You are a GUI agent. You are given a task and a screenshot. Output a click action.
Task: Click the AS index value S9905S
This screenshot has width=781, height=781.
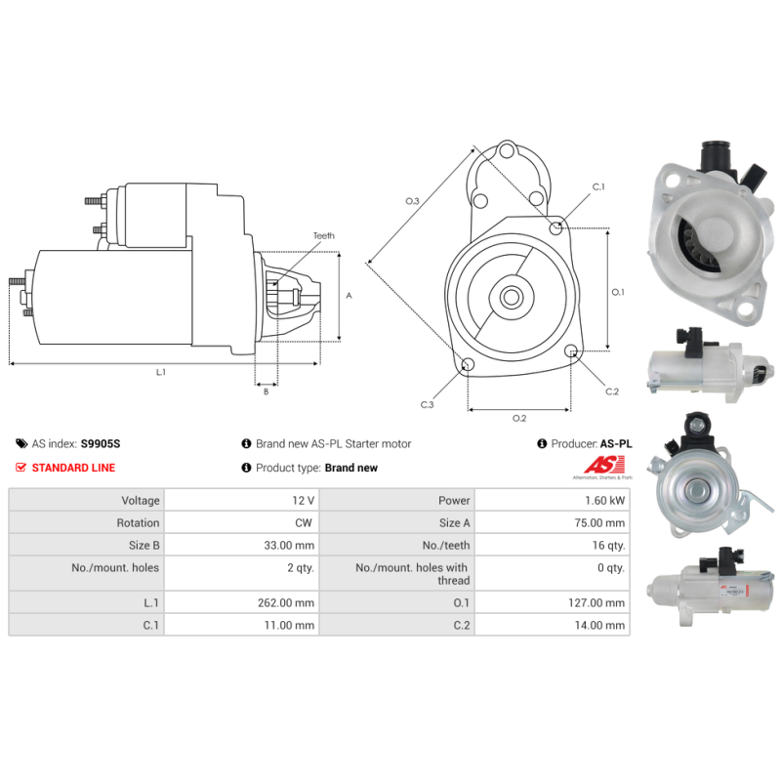coord(101,444)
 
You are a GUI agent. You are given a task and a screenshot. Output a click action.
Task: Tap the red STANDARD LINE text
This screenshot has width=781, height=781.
coord(74,468)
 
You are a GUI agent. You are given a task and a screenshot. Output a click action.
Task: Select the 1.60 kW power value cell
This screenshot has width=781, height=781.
coord(604,501)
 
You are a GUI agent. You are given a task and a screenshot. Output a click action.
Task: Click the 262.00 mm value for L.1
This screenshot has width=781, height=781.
coord(286,602)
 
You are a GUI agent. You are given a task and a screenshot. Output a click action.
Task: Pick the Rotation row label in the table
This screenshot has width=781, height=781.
coord(138,523)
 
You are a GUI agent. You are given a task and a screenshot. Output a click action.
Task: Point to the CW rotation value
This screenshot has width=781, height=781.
coord(304,523)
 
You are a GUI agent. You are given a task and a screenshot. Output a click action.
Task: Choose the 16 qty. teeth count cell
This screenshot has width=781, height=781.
coord(608,546)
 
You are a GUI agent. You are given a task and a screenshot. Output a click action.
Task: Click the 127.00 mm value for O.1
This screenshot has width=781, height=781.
coord(596,602)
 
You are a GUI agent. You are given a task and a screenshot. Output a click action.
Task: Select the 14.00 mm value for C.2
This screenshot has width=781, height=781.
coord(599,625)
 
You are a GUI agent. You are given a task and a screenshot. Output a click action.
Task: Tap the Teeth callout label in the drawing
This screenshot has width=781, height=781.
coord(324,235)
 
